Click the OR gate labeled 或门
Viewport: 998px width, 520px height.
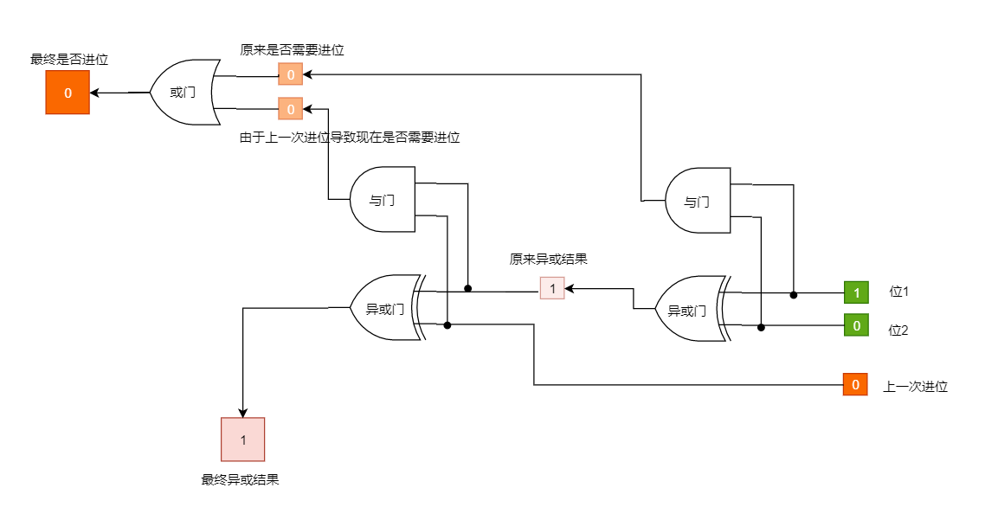pyautogui.click(x=184, y=93)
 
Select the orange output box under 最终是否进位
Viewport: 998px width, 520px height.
pyautogui.click(x=68, y=93)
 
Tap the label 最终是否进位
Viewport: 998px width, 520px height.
pyautogui.click(x=69, y=60)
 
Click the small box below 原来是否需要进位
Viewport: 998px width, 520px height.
pyautogui.click(x=291, y=74)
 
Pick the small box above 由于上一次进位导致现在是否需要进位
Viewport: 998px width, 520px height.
pyautogui.click(x=291, y=109)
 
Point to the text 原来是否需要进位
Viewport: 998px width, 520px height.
pyautogui.click(x=292, y=50)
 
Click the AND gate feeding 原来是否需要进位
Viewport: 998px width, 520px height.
pyautogui.click(x=698, y=202)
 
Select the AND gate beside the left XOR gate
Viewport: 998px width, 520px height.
pyautogui.click(x=383, y=200)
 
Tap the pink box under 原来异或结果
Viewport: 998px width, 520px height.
pyautogui.click(x=552, y=287)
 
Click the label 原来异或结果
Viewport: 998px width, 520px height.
pyautogui.click(x=549, y=259)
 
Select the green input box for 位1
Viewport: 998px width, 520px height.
pyautogui.click(x=856, y=292)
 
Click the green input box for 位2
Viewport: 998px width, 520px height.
pyautogui.click(x=856, y=325)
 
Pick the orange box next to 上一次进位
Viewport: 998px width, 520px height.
pyautogui.click(x=855, y=384)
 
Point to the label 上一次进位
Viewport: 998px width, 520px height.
pyautogui.click(x=915, y=387)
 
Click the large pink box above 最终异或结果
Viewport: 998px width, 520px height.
pyautogui.click(x=243, y=440)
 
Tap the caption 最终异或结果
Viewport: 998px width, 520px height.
pyautogui.click(x=240, y=479)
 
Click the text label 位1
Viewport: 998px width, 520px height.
pyautogui.click(x=898, y=292)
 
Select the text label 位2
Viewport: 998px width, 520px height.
pyautogui.click(x=898, y=330)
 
